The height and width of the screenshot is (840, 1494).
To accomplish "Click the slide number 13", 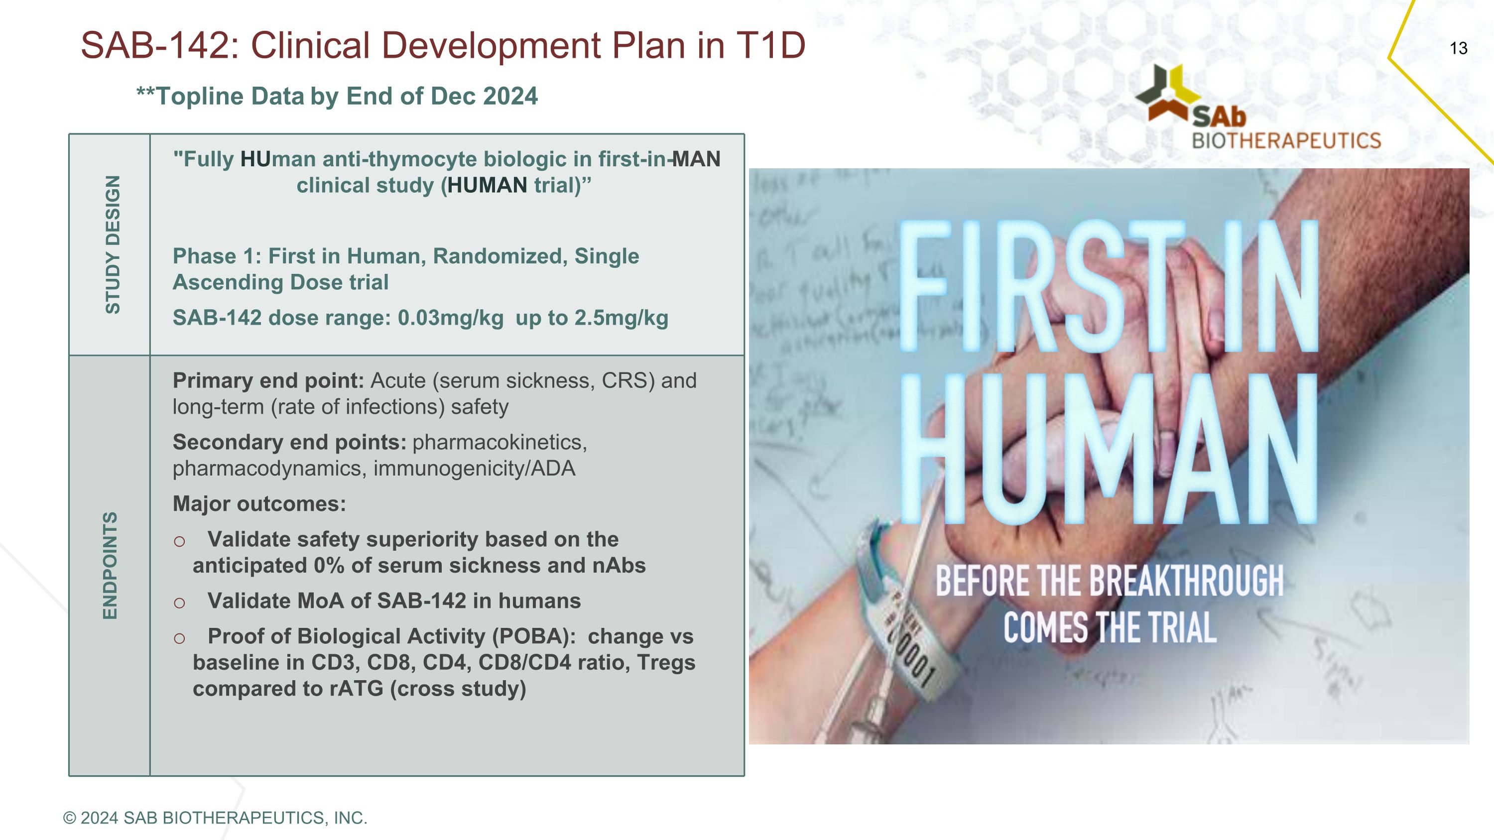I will [x=1458, y=48].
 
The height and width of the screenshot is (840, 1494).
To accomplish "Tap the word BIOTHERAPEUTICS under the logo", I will [x=1286, y=141].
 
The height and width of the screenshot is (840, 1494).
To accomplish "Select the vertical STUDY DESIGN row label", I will [x=112, y=244].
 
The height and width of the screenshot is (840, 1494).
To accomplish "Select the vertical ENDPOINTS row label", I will [x=110, y=565].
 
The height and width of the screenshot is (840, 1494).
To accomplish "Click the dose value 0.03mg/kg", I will [x=450, y=318].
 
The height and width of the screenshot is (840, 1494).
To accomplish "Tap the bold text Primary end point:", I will [x=268, y=381].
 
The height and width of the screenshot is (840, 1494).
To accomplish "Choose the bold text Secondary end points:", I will [x=289, y=442].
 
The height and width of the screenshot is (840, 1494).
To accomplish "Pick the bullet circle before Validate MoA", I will [x=180, y=603].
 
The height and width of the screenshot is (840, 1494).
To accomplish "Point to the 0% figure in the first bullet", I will [x=329, y=566].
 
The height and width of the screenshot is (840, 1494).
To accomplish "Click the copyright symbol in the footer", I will [x=70, y=818].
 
